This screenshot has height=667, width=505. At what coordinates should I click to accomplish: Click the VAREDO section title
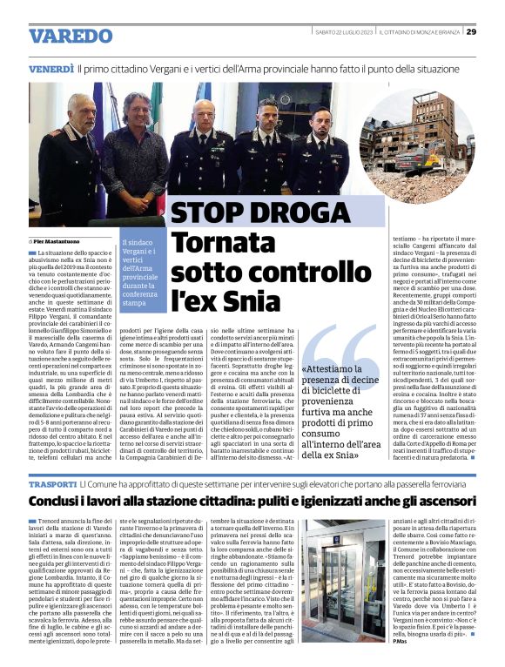[x=71, y=36]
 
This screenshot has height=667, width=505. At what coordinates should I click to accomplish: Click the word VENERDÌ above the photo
[x=50, y=68]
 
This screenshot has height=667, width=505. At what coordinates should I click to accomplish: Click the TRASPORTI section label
[x=52, y=482]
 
